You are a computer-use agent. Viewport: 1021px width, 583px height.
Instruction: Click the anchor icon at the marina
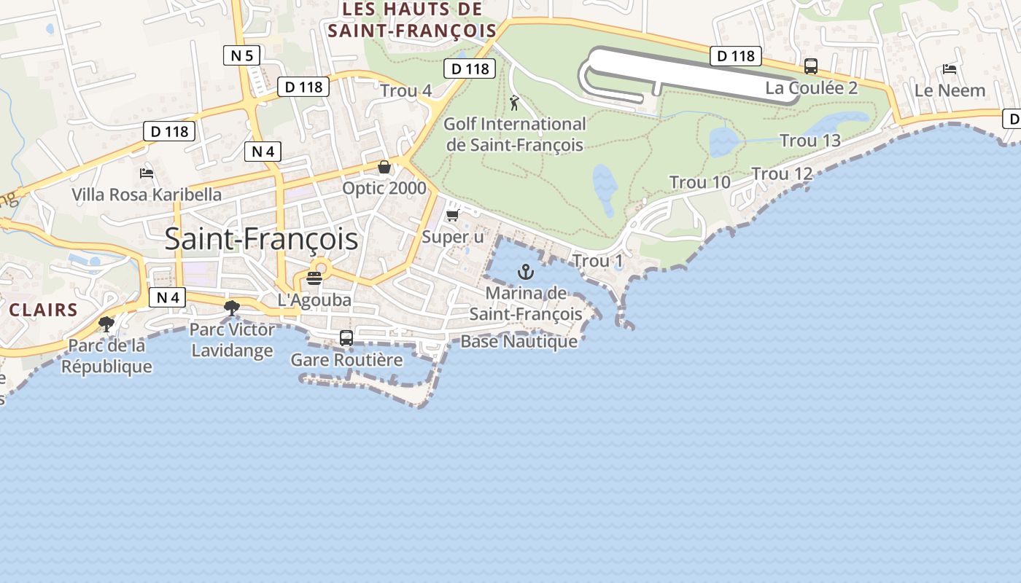(525, 273)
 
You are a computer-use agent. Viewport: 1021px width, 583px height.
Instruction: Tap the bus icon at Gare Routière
(346, 338)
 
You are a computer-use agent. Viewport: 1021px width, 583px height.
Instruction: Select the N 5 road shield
(242, 55)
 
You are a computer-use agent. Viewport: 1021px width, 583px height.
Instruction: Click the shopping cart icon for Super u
(452, 215)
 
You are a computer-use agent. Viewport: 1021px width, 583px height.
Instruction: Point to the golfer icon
(515, 103)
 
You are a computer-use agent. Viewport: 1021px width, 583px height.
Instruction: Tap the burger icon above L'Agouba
(314, 278)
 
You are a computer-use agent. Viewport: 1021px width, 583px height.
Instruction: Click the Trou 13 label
(810, 140)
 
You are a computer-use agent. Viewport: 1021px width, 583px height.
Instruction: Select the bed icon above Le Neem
(949, 69)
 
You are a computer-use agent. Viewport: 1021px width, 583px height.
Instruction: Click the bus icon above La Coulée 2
(810, 66)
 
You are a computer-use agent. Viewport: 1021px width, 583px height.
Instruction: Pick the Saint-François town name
(261, 239)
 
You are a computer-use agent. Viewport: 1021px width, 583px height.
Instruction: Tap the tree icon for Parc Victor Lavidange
(232, 308)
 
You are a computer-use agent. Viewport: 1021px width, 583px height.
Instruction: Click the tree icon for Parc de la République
(106, 324)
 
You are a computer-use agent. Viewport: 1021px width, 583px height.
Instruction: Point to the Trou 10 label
(699, 182)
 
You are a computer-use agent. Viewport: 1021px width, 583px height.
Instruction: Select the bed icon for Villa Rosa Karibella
(146, 173)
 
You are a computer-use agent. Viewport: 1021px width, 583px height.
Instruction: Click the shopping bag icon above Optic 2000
(384, 167)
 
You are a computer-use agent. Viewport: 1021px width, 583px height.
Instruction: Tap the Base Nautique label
(519, 341)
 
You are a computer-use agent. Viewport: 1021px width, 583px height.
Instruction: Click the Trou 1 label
(598, 261)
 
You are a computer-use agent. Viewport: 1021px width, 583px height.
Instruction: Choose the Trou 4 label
(405, 91)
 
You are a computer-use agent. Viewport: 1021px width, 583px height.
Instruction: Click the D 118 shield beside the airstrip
(736, 55)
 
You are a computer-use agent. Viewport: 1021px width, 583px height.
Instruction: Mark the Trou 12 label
(782, 173)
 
